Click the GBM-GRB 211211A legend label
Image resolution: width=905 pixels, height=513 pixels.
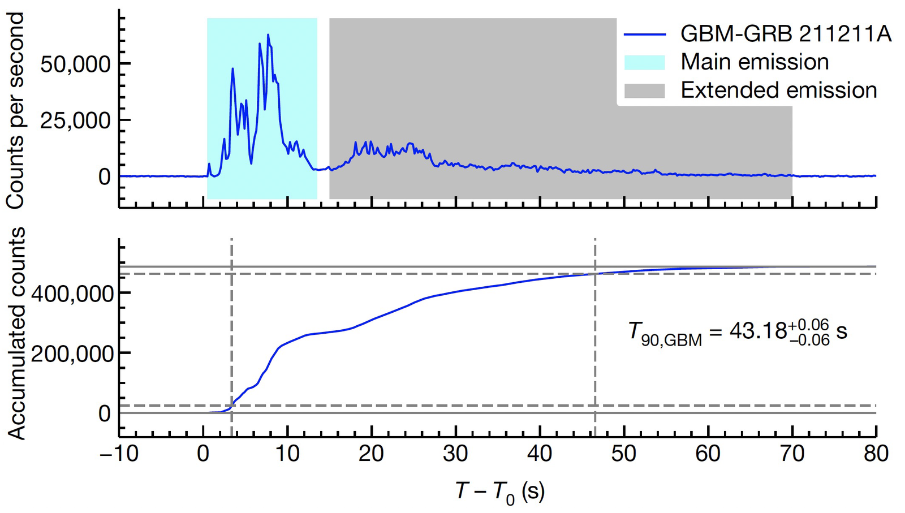pyautogui.click(x=785, y=35)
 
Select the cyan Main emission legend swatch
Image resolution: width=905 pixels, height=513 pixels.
pyautogui.click(x=644, y=62)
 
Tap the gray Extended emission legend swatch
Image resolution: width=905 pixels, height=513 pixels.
pyautogui.click(x=644, y=90)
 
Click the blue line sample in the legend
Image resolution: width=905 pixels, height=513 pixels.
pyautogui.click(x=644, y=35)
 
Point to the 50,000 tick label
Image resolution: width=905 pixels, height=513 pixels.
pyautogui.click(x=75, y=64)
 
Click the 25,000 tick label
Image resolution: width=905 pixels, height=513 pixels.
pyautogui.click(x=75, y=120)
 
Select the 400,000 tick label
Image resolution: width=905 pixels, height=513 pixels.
pyautogui.click(x=72, y=294)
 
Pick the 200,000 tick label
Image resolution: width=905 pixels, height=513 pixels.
pyautogui.click(x=72, y=354)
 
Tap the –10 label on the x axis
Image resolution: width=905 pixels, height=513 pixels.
pyautogui.click(x=119, y=454)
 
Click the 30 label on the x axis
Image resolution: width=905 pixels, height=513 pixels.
pyautogui.click(x=455, y=454)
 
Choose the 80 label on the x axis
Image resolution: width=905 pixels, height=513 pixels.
pyautogui.click(x=876, y=454)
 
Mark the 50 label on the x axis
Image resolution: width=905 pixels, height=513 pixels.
pyautogui.click(x=623, y=454)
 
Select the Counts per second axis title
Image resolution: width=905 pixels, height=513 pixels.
pyautogui.click(x=15, y=111)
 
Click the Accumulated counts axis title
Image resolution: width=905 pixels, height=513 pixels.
pyautogui.click(x=17, y=334)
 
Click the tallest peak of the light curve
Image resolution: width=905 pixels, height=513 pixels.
pyautogui.click(x=268, y=35)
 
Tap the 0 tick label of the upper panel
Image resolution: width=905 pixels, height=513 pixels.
pyautogui.click(x=104, y=177)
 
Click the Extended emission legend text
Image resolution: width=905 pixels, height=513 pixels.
pyautogui.click(x=778, y=90)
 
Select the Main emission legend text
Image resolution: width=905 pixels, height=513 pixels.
pyautogui.click(x=755, y=62)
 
